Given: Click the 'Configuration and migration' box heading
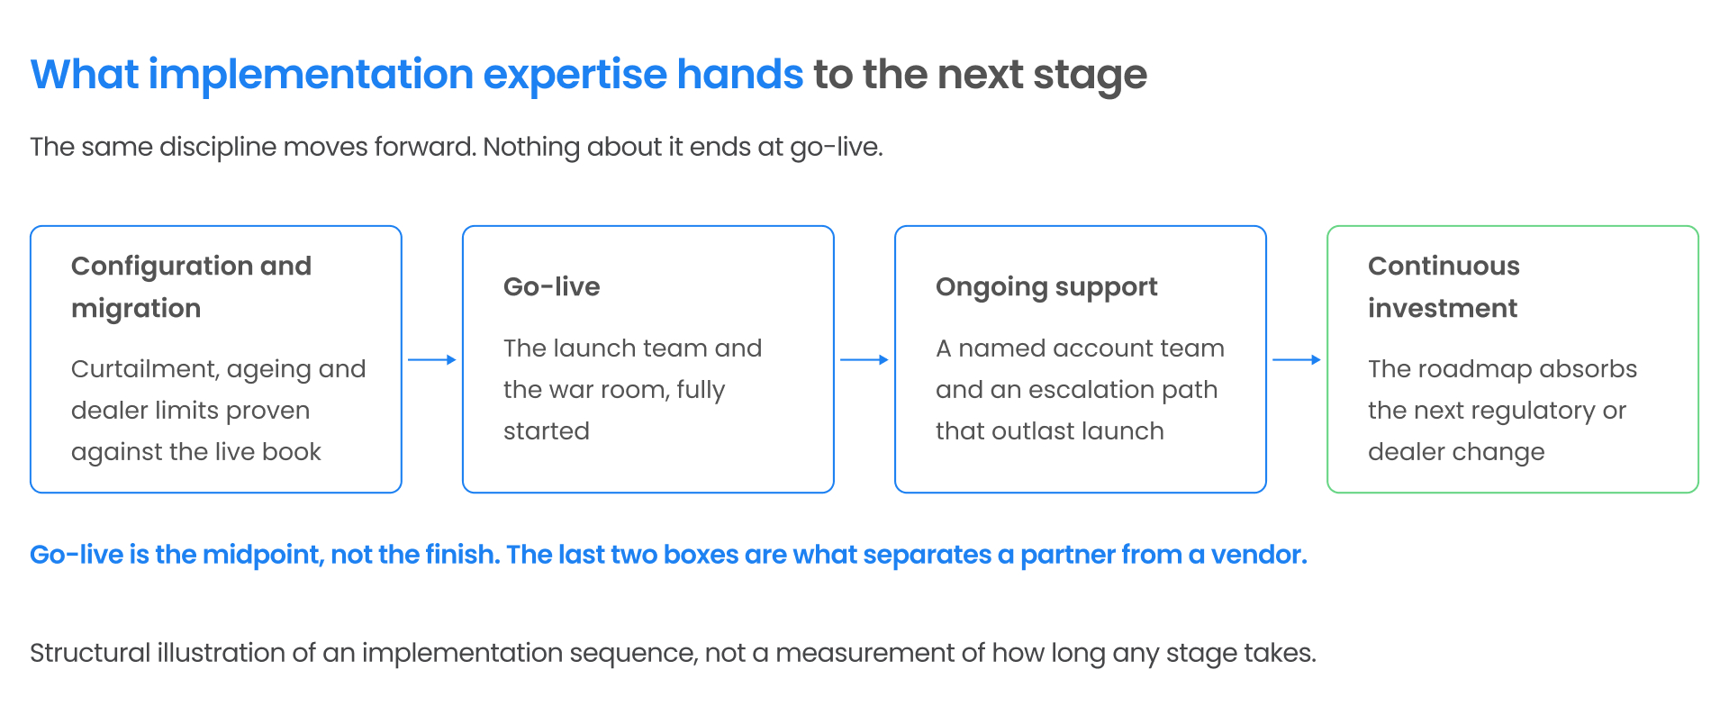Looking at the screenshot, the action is coord(191,287).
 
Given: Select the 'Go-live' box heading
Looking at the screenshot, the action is coord(551,286).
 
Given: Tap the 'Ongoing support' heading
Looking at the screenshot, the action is coord(1046,287).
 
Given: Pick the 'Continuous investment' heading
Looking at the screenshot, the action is coord(1444,287).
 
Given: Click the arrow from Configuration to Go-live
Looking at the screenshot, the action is coord(432,360).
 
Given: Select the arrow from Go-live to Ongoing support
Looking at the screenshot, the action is coord(864,360).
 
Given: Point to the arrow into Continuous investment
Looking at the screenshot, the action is coord(1297,360).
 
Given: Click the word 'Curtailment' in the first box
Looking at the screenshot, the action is coord(144,369).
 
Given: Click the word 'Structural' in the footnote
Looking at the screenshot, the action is coord(90,653).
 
